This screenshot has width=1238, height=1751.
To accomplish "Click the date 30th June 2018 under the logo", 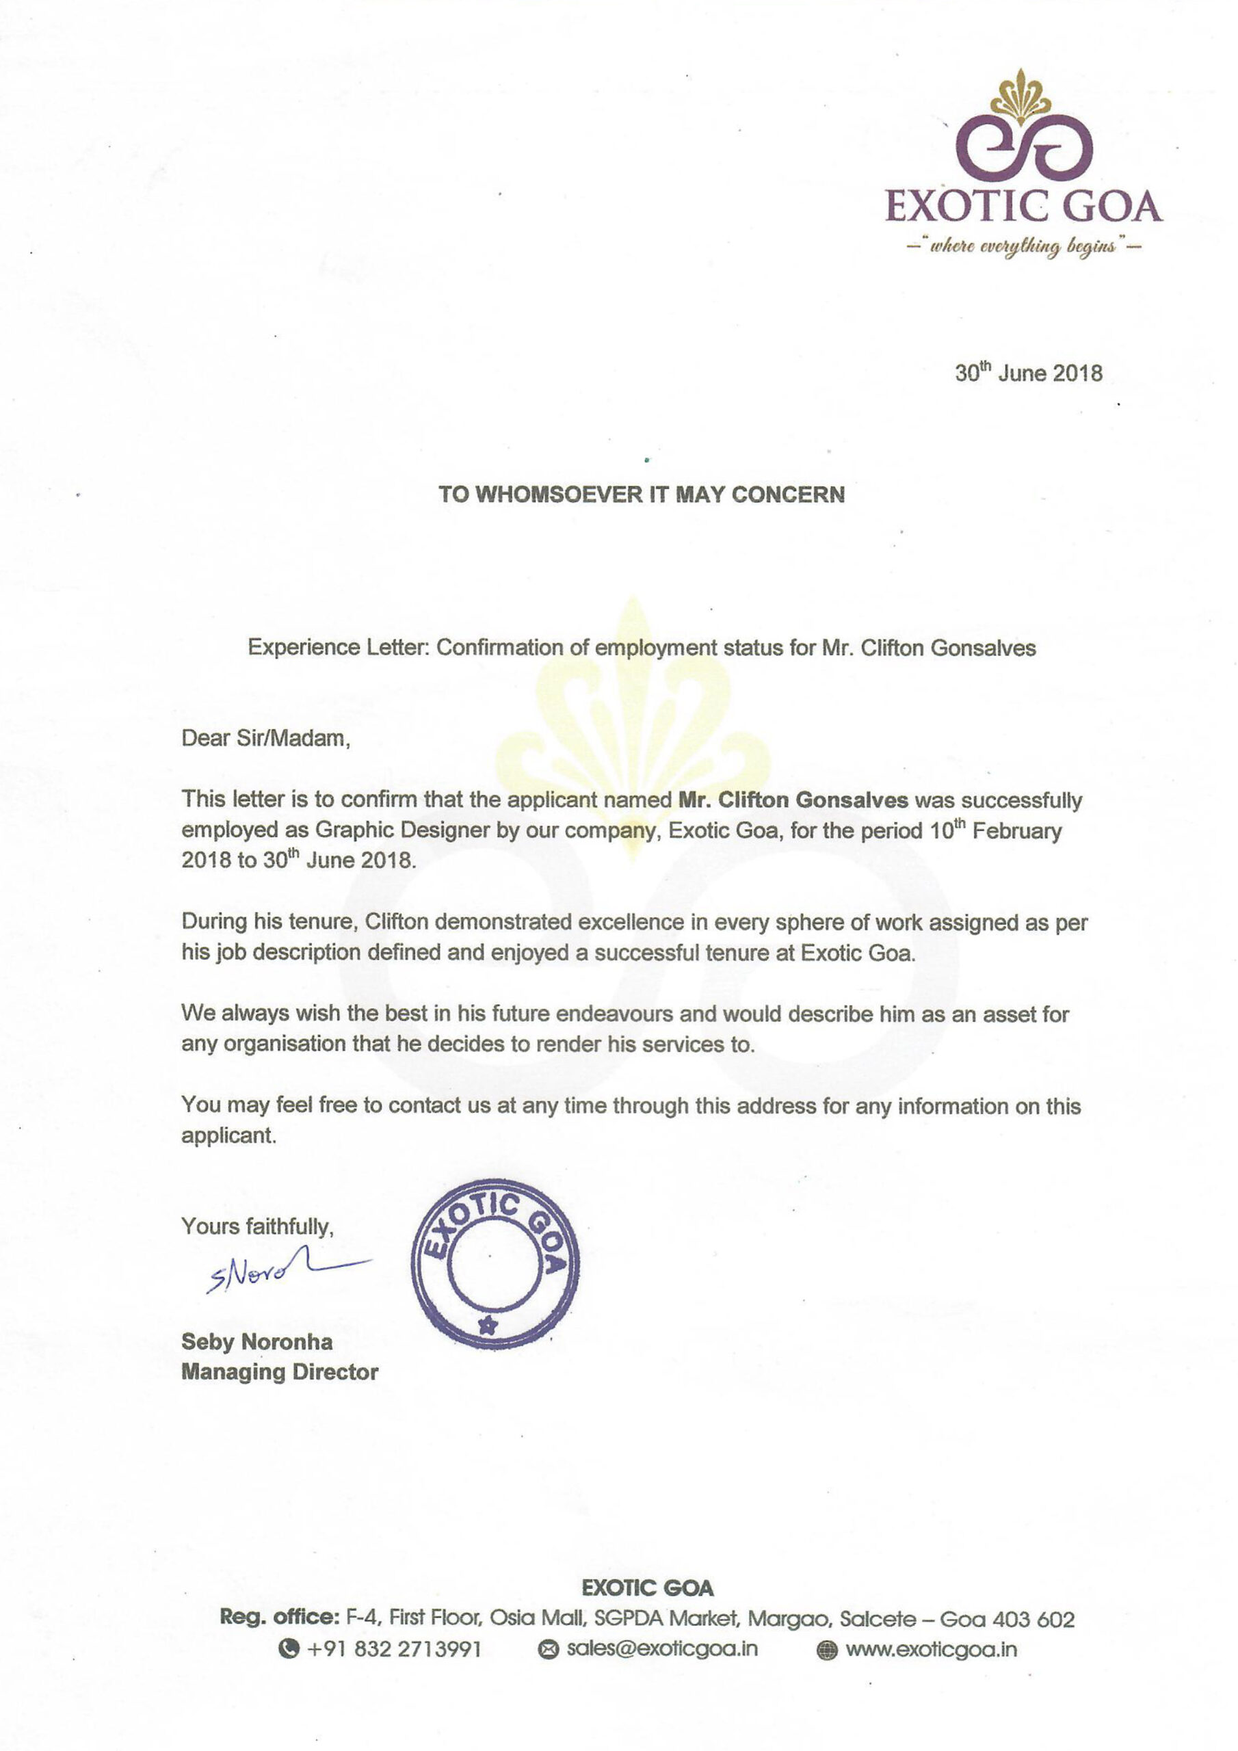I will point(1028,373).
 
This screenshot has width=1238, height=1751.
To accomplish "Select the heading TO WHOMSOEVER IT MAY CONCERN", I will point(642,495).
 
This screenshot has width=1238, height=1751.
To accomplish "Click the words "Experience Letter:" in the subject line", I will point(339,648).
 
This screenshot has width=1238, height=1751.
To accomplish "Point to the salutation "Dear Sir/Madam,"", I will point(265,738).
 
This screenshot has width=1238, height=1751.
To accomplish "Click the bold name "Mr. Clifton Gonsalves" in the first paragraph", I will point(793,800).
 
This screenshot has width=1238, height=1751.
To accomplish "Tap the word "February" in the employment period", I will point(1017,830).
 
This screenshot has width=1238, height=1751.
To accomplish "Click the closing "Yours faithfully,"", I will point(257,1226).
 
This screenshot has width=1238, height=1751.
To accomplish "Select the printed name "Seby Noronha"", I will point(256,1341).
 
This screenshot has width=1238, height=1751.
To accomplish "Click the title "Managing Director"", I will point(279,1372).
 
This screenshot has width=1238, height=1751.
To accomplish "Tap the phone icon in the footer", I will point(289,1650).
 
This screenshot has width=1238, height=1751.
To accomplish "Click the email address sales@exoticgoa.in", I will point(661,1649).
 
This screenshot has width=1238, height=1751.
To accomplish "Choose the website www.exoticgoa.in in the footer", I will point(931,1650).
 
